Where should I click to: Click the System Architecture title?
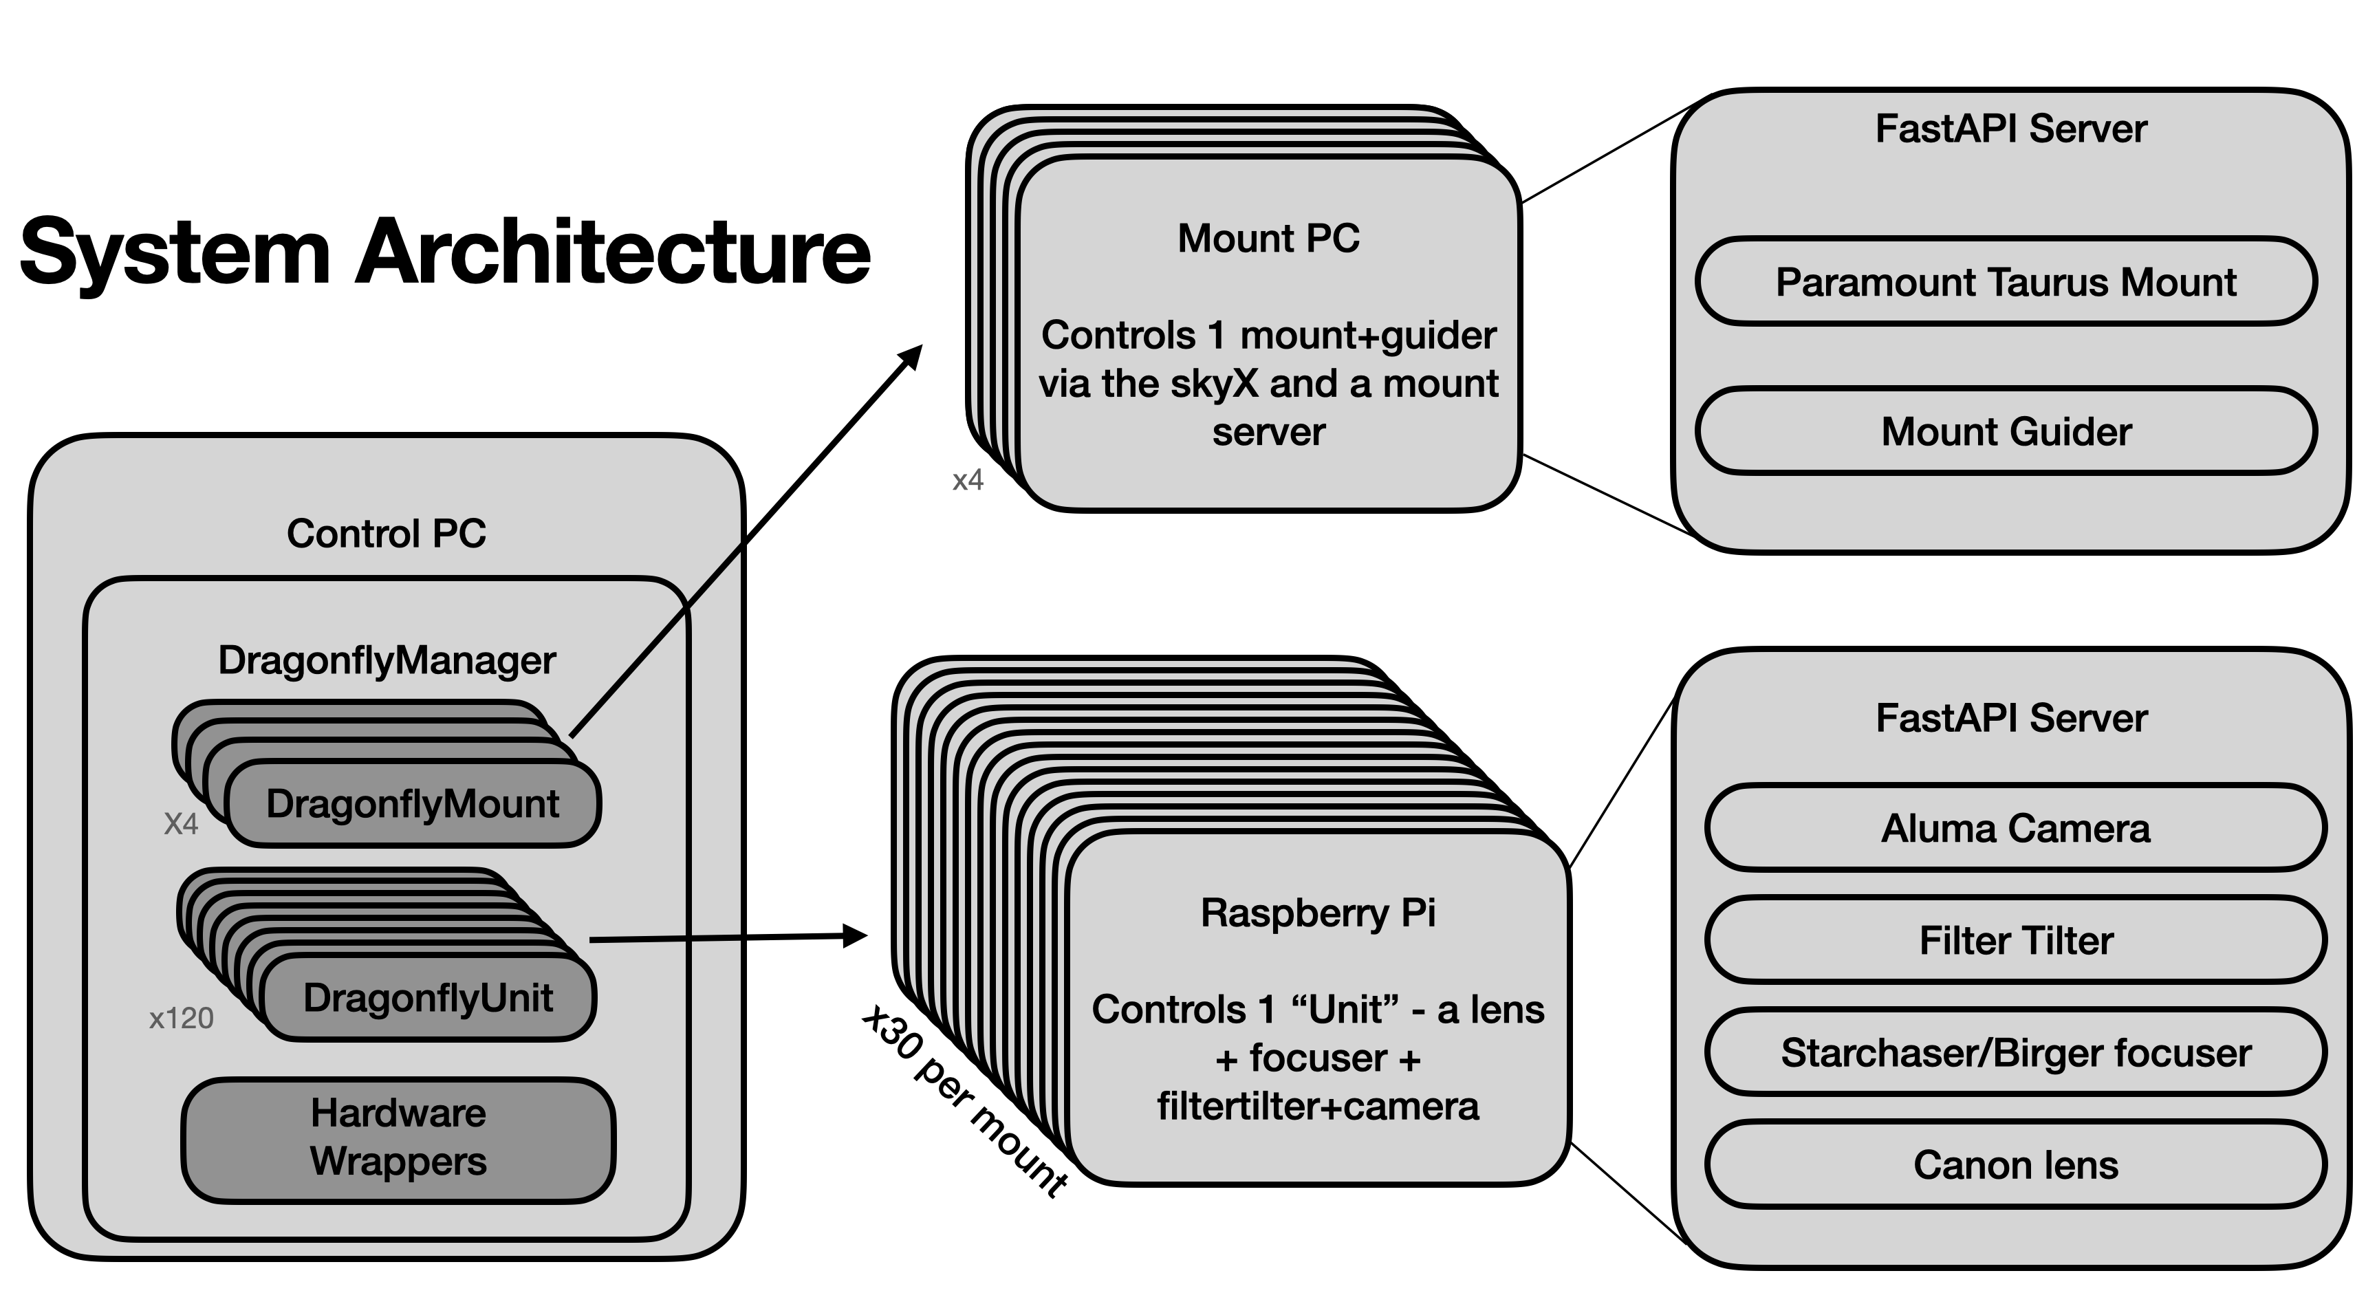tap(445, 251)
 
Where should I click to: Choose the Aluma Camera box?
tap(2015, 828)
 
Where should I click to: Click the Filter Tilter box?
tap(2015, 940)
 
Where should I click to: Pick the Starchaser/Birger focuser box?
tap(2015, 1052)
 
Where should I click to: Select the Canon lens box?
tap(2015, 1164)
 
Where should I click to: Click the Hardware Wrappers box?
tap(398, 1138)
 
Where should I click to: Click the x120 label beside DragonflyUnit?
tap(181, 1018)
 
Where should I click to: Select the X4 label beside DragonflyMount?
tap(181, 823)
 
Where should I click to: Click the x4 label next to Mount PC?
tap(968, 480)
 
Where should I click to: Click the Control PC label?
tap(386, 534)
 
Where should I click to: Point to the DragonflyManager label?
tap(386, 660)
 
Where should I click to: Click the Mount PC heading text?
tap(1268, 238)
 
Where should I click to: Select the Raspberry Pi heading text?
tap(1318, 913)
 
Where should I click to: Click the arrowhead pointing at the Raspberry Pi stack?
tap(856, 936)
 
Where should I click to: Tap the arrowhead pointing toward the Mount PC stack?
tap(912, 356)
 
